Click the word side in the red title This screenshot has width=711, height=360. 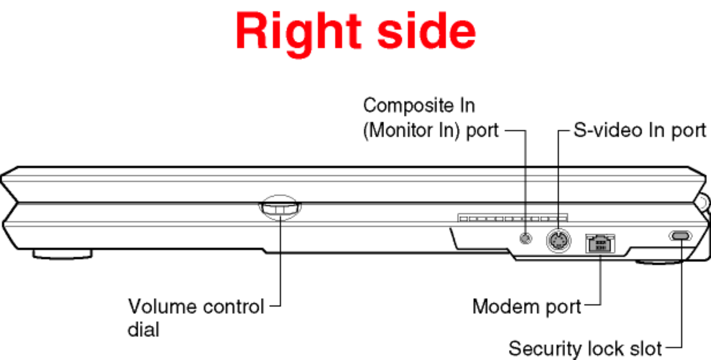pyautogui.click(x=426, y=31)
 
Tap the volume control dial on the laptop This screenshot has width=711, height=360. pyautogui.click(x=280, y=208)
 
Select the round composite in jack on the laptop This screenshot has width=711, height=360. pyautogui.click(x=526, y=238)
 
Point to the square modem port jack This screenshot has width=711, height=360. pyautogui.click(x=600, y=244)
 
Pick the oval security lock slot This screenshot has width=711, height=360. pyautogui.click(x=680, y=236)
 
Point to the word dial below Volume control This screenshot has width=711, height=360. pyautogui.click(x=143, y=330)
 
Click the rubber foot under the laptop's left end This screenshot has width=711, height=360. pyautogui.click(x=63, y=254)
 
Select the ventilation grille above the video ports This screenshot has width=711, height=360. pyautogui.click(x=513, y=218)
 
